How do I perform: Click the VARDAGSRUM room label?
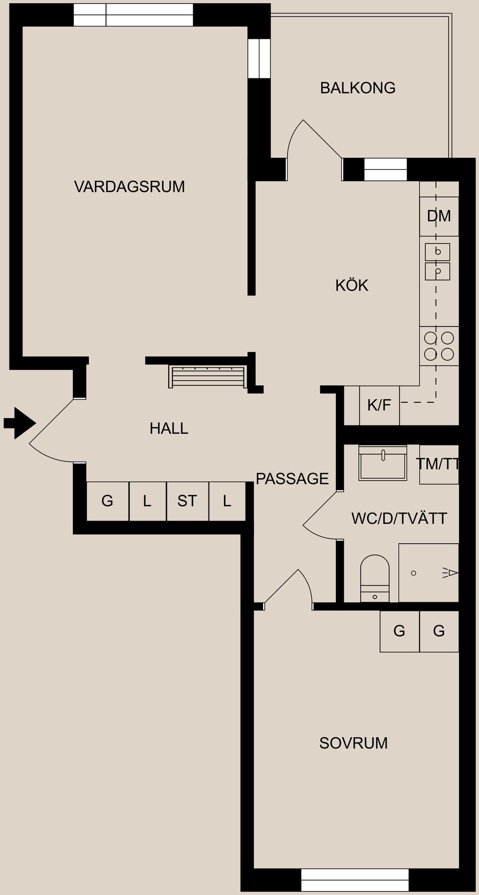(129, 187)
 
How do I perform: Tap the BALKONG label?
(357, 88)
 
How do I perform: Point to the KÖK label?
(351, 285)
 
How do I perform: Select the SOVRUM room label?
(353, 743)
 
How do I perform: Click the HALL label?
(169, 428)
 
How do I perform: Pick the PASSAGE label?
(292, 479)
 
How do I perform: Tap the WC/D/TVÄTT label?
(399, 519)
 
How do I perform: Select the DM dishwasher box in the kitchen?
(439, 216)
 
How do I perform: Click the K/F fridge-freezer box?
(379, 405)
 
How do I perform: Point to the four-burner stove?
(439, 346)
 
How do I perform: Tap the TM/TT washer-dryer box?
(439, 464)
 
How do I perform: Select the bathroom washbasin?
(383, 462)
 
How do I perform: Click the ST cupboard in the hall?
(187, 501)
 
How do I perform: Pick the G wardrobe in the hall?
(107, 501)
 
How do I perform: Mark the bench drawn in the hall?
(207, 376)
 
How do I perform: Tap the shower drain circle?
(413, 573)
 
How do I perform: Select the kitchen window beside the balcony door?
(385, 170)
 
